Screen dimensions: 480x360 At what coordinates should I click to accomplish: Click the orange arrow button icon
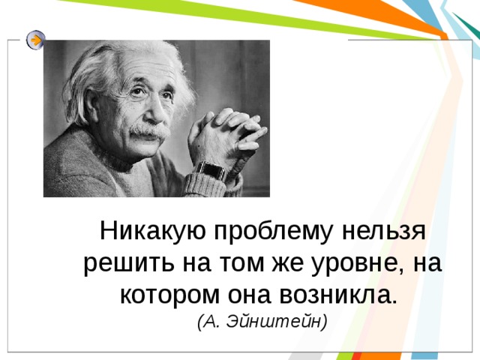coord(35,40)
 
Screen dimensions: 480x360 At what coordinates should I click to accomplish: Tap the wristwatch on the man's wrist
coord(211,170)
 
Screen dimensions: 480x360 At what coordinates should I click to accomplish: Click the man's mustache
coord(151,131)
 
